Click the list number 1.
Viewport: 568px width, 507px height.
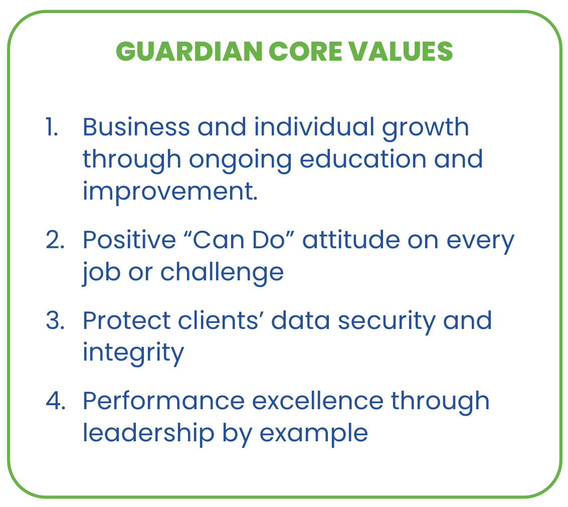click(x=52, y=127)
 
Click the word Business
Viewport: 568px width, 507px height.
click(x=136, y=127)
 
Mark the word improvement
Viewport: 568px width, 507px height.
click(x=170, y=192)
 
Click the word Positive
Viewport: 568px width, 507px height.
click(x=128, y=240)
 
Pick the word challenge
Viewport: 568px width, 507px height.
click(x=222, y=273)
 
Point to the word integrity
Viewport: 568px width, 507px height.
click(x=133, y=353)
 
